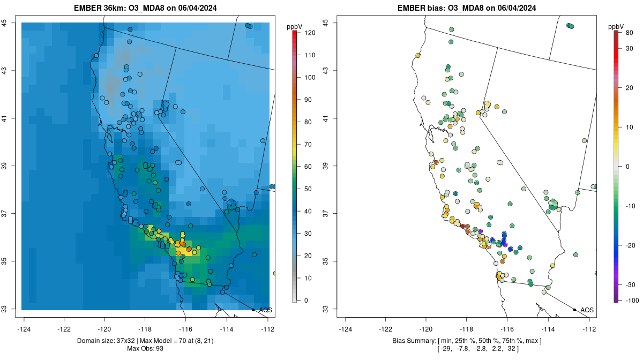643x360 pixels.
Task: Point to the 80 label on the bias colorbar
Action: coord(629,33)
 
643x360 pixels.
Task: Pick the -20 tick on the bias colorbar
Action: coord(629,245)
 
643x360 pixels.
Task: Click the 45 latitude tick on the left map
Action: coord(4,22)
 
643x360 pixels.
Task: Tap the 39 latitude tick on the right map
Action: coord(326,166)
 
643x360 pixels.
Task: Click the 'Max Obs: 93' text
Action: coord(146,349)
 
